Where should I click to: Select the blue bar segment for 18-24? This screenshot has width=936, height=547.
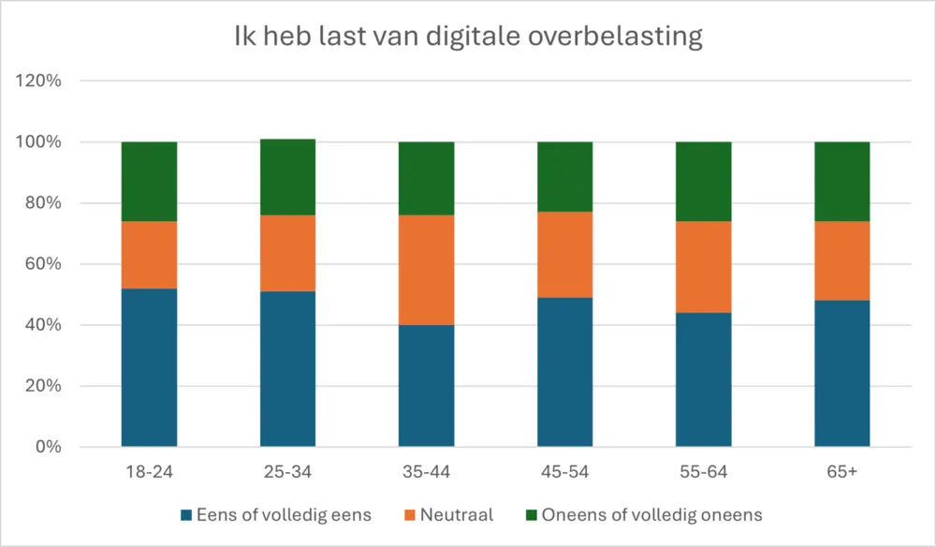(x=149, y=367)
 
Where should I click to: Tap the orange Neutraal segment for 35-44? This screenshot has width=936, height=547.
(x=426, y=270)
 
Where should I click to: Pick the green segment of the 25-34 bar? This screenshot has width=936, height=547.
(x=287, y=177)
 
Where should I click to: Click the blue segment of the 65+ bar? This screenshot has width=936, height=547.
(x=841, y=373)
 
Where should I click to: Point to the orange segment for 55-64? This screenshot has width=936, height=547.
(x=703, y=267)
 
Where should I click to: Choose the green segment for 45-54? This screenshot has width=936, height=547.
(x=564, y=177)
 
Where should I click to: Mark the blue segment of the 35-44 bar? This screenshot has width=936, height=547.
(x=426, y=385)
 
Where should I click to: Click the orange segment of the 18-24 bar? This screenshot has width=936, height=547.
(x=149, y=255)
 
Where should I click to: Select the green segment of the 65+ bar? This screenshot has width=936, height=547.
(x=841, y=182)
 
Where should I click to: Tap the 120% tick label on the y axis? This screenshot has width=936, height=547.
(x=38, y=81)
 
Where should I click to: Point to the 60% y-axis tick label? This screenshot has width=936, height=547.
(x=42, y=264)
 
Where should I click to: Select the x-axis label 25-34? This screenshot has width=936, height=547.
(x=287, y=472)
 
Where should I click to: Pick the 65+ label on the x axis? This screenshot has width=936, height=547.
(x=841, y=472)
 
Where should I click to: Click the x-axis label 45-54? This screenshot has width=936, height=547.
(x=564, y=472)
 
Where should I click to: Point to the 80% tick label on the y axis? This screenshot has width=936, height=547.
(x=42, y=203)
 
